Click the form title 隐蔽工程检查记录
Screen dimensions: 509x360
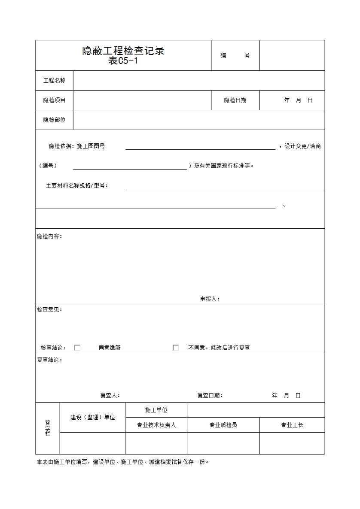(x=123, y=51)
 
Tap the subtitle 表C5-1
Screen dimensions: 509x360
(x=123, y=61)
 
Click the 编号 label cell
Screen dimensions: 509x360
(x=235, y=55)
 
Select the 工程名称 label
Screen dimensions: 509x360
(x=55, y=81)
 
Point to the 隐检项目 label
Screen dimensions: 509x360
(x=55, y=100)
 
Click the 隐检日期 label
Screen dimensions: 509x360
(x=235, y=100)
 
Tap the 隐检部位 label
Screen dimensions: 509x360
(x=55, y=120)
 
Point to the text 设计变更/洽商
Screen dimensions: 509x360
(x=303, y=146)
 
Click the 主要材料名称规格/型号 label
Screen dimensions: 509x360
(x=77, y=186)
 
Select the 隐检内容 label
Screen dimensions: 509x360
(x=49, y=236)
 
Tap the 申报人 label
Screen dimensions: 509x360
(x=210, y=299)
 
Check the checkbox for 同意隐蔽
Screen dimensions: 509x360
(x=77, y=348)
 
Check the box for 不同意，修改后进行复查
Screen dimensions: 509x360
(x=176, y=348)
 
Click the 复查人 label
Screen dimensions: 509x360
(x=110, y=396)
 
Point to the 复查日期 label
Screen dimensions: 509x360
(x=210, y=396)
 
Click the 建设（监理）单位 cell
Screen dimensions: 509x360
(x=93, y=417)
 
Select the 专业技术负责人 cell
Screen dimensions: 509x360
(x=156, y=425)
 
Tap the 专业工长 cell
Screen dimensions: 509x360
(x=292, y=425)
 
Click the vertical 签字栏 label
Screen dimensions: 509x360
(x=48, y=428)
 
